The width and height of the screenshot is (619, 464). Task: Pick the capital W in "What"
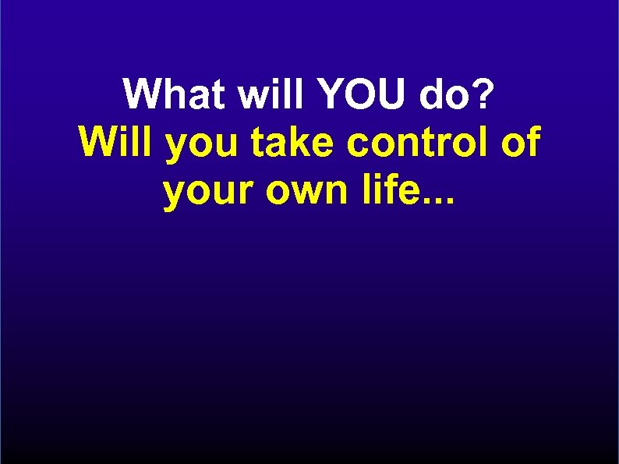(x=142, y=95)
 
